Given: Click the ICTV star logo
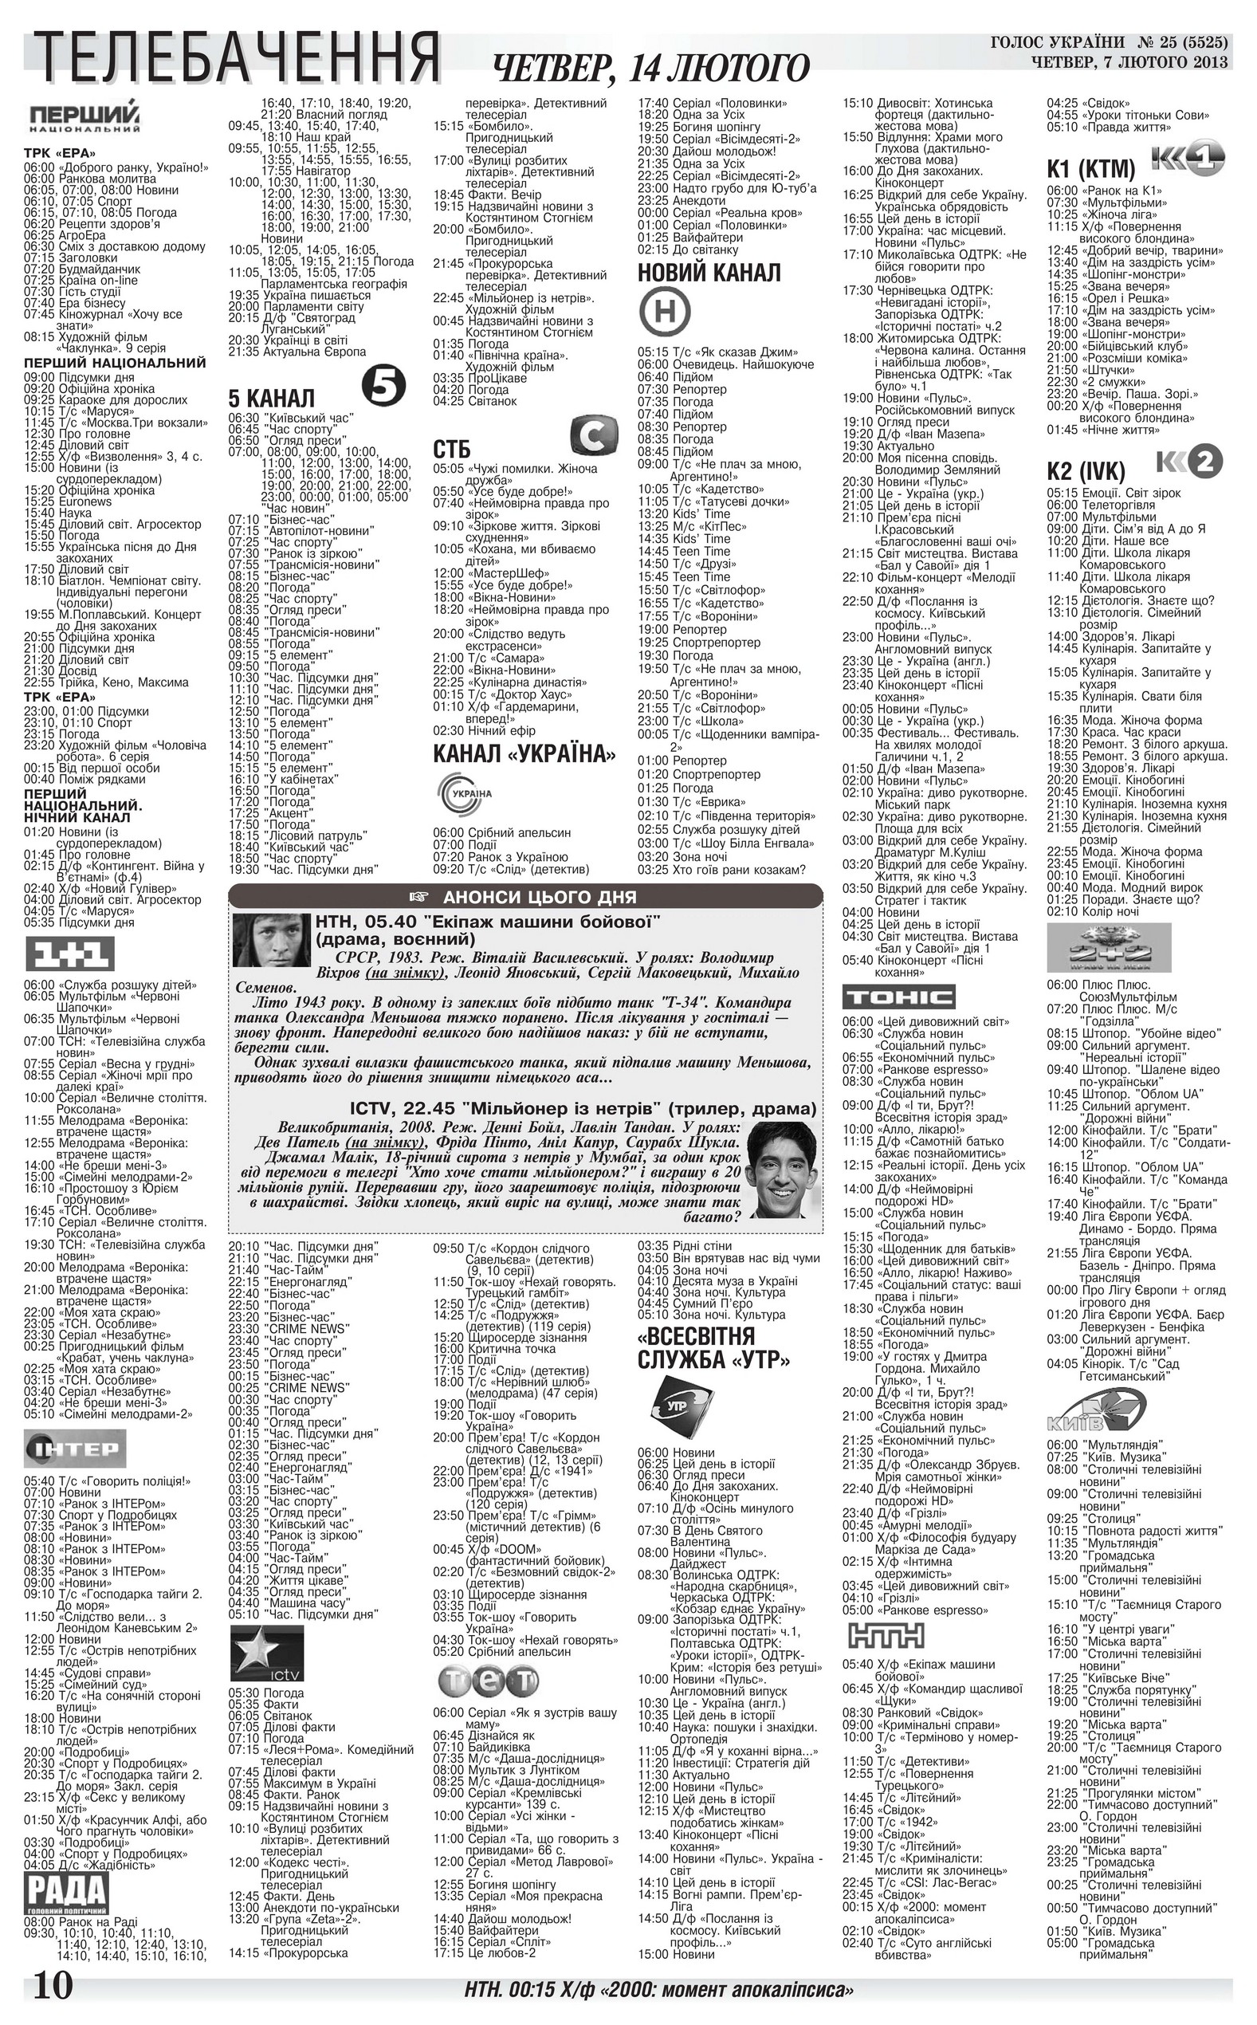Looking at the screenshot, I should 265,1653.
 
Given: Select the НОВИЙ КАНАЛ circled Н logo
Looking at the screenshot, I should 665,311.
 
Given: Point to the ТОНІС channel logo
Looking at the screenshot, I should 898,997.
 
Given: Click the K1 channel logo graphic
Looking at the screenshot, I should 1187,158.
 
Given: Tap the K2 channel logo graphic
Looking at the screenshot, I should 1190,462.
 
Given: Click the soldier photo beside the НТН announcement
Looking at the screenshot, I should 271,940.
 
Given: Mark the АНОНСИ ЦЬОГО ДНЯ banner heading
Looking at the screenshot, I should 525,896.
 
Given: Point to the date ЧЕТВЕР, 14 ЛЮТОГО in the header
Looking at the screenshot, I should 650,69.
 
